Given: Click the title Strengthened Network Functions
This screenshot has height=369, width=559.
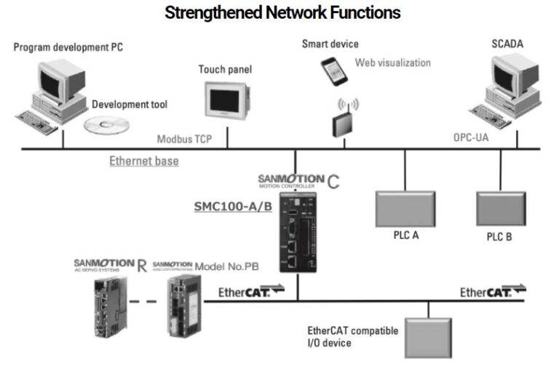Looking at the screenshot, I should click(x=282, y=12).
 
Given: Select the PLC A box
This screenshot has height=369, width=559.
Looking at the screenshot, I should click(x=405, y=209).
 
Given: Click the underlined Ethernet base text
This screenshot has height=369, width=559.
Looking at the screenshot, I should click(x=144, y=161).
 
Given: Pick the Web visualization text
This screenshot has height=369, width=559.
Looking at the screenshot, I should click(x=392, y=63).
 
